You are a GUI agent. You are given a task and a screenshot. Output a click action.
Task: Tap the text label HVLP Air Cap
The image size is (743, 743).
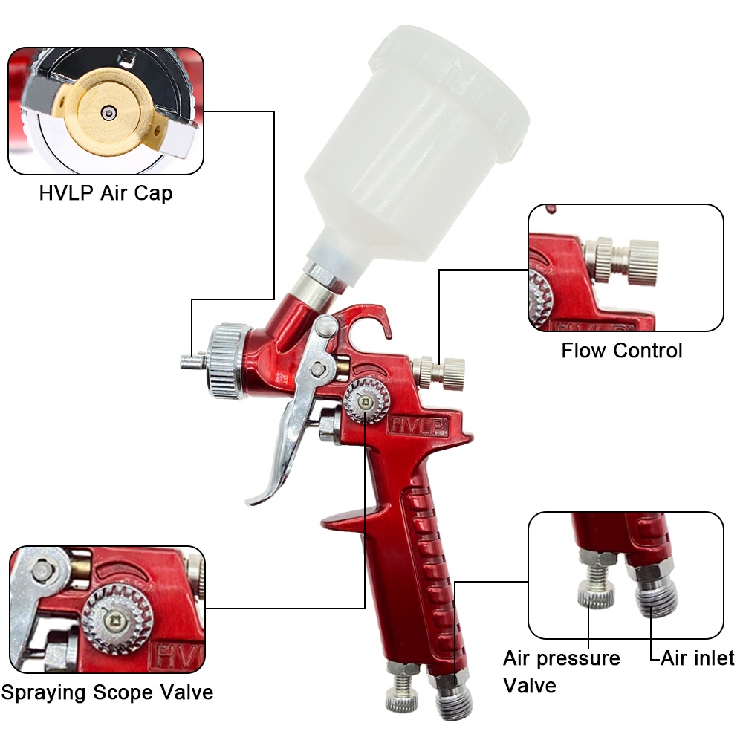(x=106, y=194)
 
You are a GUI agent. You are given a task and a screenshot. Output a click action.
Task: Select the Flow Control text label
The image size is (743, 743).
(x=622, y=350)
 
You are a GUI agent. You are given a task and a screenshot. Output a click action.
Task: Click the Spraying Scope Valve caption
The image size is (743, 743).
(x=107, y=692)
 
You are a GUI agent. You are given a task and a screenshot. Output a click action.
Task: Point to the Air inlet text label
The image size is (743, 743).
(x=697, y=658)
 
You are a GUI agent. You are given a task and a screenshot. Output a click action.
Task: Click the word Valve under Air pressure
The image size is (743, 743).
(x=530, y=685)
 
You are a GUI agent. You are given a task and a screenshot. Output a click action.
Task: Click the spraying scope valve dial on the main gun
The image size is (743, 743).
(x=366, y=401)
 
